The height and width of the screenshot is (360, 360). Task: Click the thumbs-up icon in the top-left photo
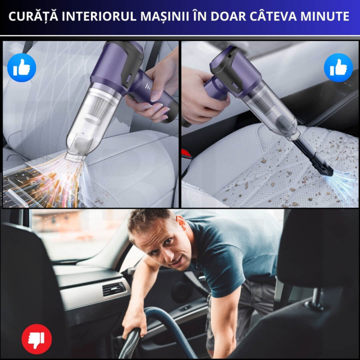point(22,67)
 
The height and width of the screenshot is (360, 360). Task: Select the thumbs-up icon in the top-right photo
point(338,67)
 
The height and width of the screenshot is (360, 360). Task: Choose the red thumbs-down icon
point(37,338)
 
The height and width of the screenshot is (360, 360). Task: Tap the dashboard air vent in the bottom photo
point(113,289)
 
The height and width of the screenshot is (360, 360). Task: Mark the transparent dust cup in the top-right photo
point(273,111)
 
